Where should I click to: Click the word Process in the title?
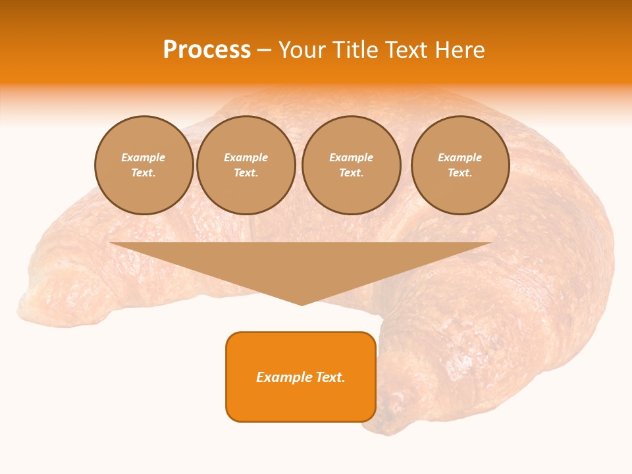click(x=207, y=49)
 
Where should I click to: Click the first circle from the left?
click(x=144, y=165)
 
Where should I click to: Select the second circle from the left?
click(x=246, y=165)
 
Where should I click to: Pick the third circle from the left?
click(x=351, y=165)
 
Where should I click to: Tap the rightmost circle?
click(x=460, y=165)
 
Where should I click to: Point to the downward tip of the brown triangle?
click(x=302, y=304)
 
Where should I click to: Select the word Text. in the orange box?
click(x=329, y=377)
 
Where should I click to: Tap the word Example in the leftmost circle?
click(x=144, y=158)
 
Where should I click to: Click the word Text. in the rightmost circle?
click(x=460, y=173)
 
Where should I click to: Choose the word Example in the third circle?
click(x=351, y=158)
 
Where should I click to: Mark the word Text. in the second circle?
click(x=246, y=173)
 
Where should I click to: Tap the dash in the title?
click(x=264, y=50)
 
